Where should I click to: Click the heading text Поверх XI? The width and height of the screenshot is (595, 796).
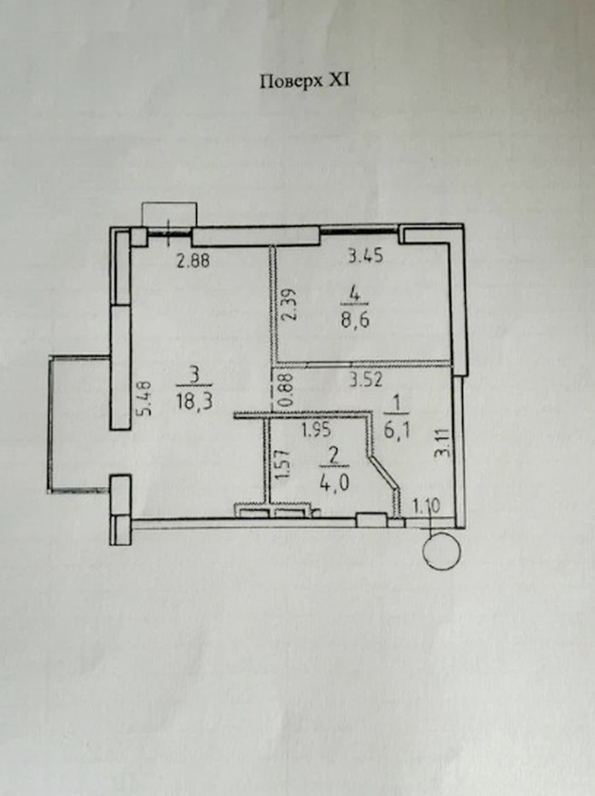click(305, 82)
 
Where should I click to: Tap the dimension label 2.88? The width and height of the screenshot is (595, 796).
click(193, 261)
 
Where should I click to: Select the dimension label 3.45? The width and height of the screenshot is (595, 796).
click(365, 256)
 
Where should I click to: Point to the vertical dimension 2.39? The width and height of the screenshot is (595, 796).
click(290, 304)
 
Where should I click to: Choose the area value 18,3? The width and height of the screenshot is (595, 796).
click(194, 401)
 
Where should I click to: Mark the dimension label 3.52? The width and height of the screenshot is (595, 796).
click(365, 381)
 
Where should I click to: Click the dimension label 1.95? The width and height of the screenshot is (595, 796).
click(316, 430)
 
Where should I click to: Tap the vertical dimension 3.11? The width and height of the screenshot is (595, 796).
click(446, 443)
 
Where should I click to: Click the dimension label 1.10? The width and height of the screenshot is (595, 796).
click(427, 505)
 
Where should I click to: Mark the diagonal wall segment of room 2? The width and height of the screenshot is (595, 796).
click(384, 472)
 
